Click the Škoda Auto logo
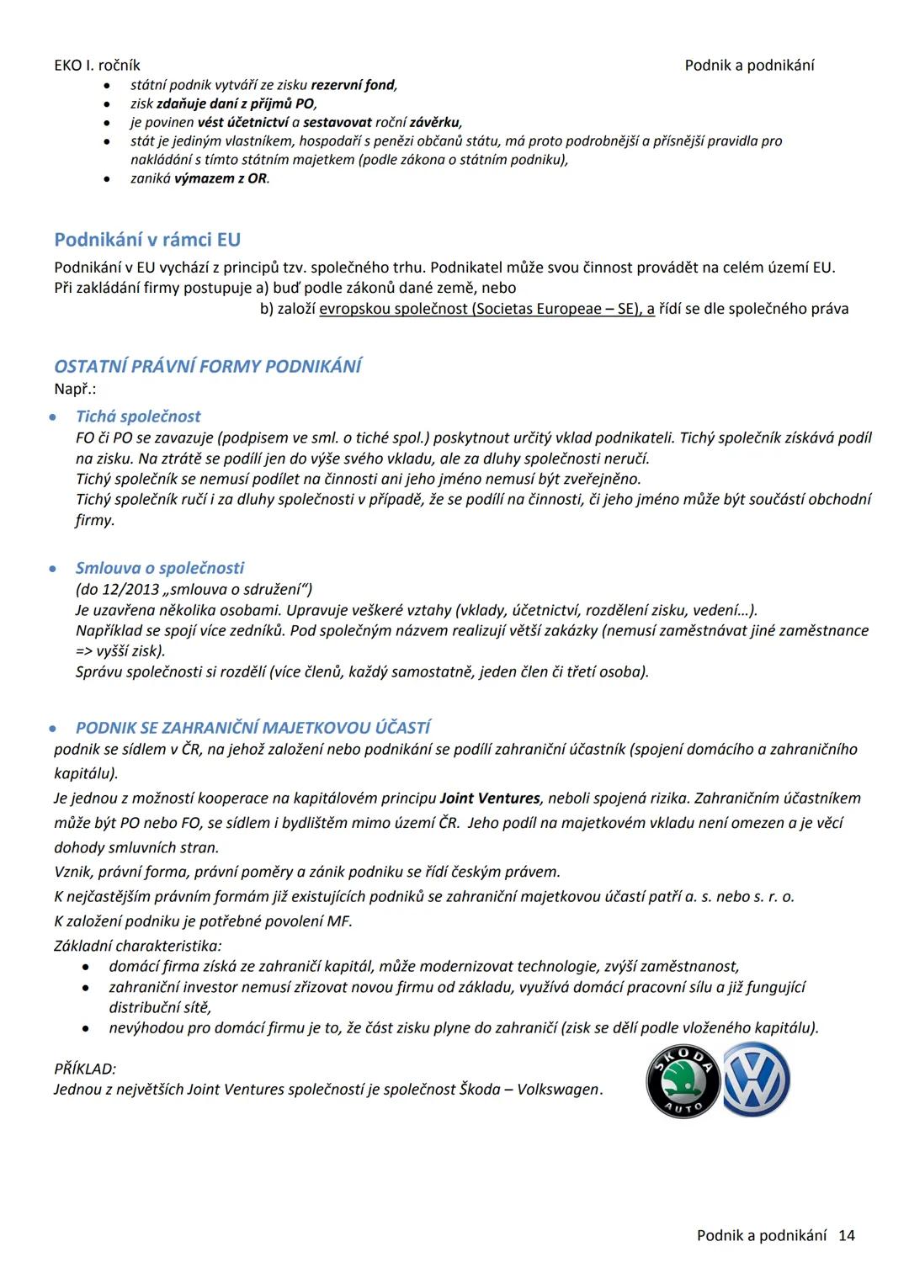(x=683, y=1081)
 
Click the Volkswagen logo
(x=756, y=1080)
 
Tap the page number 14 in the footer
(x=847, y=1235)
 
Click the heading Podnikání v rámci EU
(x=147, y=240)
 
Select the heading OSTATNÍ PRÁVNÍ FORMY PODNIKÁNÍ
(x=208, y=366)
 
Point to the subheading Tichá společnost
(x=138, y=417)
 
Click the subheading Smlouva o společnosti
(x=160, y=568)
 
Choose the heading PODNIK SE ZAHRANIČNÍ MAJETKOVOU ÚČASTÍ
(x=252, y=728)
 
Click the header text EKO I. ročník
(x=97, y=66)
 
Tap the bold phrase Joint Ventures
(x=490, y=798)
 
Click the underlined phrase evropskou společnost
(x=393, y=309)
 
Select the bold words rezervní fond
(x=353, y=85)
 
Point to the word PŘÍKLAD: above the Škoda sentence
(x=85, y=1069)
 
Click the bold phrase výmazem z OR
(x=221, y=178)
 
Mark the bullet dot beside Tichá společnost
(x=53, y=417)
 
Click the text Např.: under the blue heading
(x=75, y=389)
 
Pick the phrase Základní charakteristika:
(x=138, y=946)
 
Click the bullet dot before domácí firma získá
(x=86, y=968)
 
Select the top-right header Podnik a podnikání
(x=749, y=66)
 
